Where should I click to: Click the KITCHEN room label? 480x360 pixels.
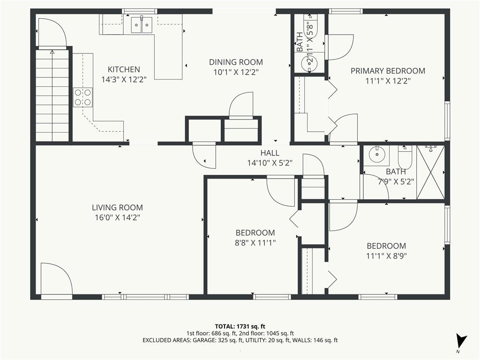[x=124, y=69]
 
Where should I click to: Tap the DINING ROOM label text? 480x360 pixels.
[x=236, y=62]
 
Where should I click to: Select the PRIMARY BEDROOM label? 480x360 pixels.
[x=388, y=71]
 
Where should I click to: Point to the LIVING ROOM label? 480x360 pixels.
[x=117, y=208]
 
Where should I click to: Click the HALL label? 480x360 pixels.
[x=270, y=153]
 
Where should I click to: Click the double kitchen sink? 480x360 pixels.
[x=142, y=25]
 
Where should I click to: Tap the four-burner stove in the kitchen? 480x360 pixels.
[x=82, y=97]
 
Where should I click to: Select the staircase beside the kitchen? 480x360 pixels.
[x=52, y=96]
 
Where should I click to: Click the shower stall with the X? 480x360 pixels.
[x=430, y=172]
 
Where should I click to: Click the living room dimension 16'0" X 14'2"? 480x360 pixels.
[x=117, y=217]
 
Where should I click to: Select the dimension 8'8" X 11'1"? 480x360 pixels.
[x=255, y=243]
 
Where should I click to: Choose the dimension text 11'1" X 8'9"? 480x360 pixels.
[x=386, y=256]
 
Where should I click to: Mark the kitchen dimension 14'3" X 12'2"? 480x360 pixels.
[x=124, y=80]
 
